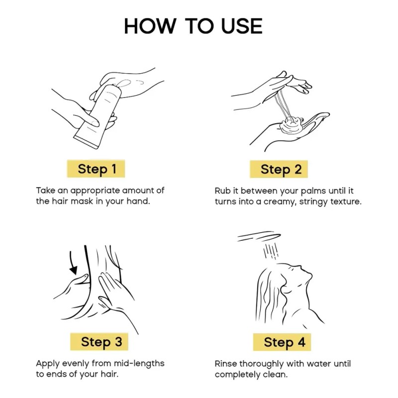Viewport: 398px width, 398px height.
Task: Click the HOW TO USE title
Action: click(193, 26)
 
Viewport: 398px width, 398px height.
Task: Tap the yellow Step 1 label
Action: click(96, 169)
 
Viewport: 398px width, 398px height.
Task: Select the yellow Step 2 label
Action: click(279, 169)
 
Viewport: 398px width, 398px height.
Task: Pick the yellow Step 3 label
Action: click(99, 342)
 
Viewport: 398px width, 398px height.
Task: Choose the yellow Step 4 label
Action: click(282, 342)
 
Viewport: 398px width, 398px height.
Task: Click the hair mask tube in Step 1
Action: click(98, 117)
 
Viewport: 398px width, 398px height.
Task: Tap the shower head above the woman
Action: click(259, 236)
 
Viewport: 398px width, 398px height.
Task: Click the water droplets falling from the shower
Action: click(271, 251)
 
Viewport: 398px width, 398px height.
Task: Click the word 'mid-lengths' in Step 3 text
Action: click(139, 364)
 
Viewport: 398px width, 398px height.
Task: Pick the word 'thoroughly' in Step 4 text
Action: click(262, 364)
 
